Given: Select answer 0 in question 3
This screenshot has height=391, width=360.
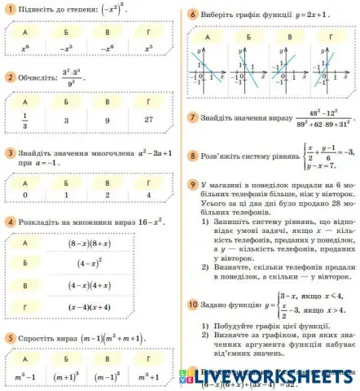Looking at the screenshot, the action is (25, 195).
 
